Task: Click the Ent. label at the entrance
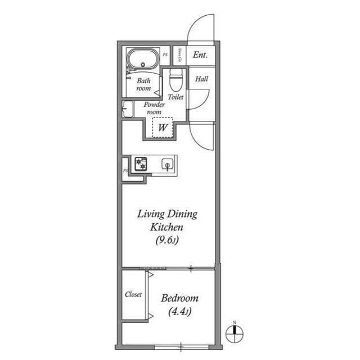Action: (200, 55)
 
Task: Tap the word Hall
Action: (201, 79)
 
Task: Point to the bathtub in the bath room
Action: (142, 58)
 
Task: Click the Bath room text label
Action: (143, 84)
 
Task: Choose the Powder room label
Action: (154, 108)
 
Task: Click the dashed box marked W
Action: (163, 127)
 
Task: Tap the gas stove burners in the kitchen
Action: (140, 164)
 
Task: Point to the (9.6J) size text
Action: (168, 241)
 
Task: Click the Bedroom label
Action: (179, 298)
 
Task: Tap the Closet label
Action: (133, 294)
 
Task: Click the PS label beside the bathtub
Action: (165, 55)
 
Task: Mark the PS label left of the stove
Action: (125, 169)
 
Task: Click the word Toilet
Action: (175, 97)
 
